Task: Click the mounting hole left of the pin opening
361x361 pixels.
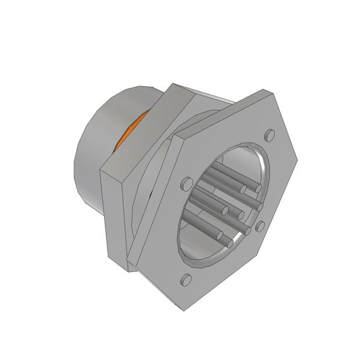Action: pos(186,183)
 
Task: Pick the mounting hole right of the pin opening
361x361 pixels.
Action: pos(260,226)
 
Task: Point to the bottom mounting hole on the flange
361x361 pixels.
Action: pos(186,279)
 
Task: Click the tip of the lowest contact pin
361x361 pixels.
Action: pos(230,243)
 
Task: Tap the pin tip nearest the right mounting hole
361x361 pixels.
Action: pos(247,229)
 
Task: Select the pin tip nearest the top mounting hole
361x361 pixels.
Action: pos(258,188)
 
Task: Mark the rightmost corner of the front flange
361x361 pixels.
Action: pos(297,161)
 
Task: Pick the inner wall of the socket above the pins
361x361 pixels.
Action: pos(235,159)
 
